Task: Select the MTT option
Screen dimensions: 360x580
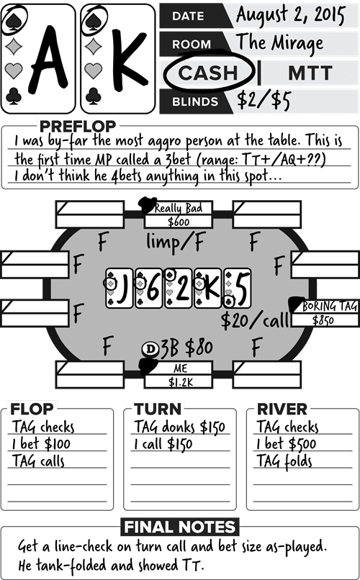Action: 310,73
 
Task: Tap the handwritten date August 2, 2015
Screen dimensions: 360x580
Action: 290,15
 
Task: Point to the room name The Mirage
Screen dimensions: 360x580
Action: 280,44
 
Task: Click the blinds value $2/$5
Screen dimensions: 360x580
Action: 264,100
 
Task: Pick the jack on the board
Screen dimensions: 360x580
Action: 119,288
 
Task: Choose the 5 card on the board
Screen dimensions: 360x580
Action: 238,288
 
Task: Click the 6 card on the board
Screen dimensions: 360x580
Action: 149,288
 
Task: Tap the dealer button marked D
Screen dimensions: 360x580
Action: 150,349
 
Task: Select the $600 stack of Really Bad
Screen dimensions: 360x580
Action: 179,222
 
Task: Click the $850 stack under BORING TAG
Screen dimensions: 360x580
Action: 323,320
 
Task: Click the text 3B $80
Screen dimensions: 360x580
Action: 186,348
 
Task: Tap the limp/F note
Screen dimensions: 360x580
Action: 176,243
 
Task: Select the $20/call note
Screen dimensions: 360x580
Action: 255,320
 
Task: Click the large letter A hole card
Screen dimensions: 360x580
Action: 48,59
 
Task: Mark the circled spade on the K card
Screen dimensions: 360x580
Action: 94,21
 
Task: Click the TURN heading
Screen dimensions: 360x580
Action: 158,409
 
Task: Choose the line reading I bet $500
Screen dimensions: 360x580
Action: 286,443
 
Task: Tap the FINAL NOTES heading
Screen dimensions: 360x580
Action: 180,527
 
